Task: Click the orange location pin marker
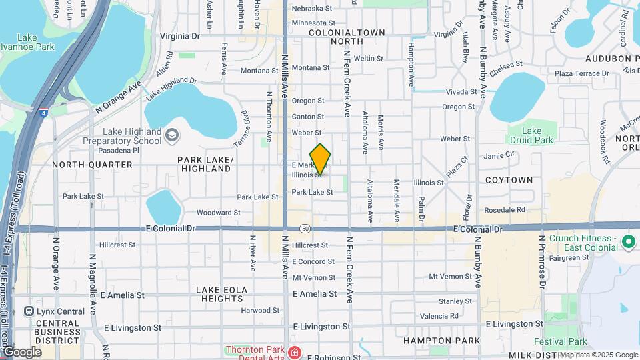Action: coord(320,159)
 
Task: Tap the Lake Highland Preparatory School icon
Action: coord(172,135)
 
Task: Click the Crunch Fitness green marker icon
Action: coord(628,241)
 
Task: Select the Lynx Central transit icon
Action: coord(29,311)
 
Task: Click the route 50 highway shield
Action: coord(304,228)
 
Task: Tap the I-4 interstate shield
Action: coord(43,113)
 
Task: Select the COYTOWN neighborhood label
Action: coord(509,180)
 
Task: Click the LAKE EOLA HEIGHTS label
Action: coord(222,294)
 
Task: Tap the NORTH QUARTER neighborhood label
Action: coord(92,164)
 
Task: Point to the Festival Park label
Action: coord(564,341)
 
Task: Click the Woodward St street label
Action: coord(218,213)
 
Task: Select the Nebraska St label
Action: coord(312,8)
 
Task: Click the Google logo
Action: coord(22,351)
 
